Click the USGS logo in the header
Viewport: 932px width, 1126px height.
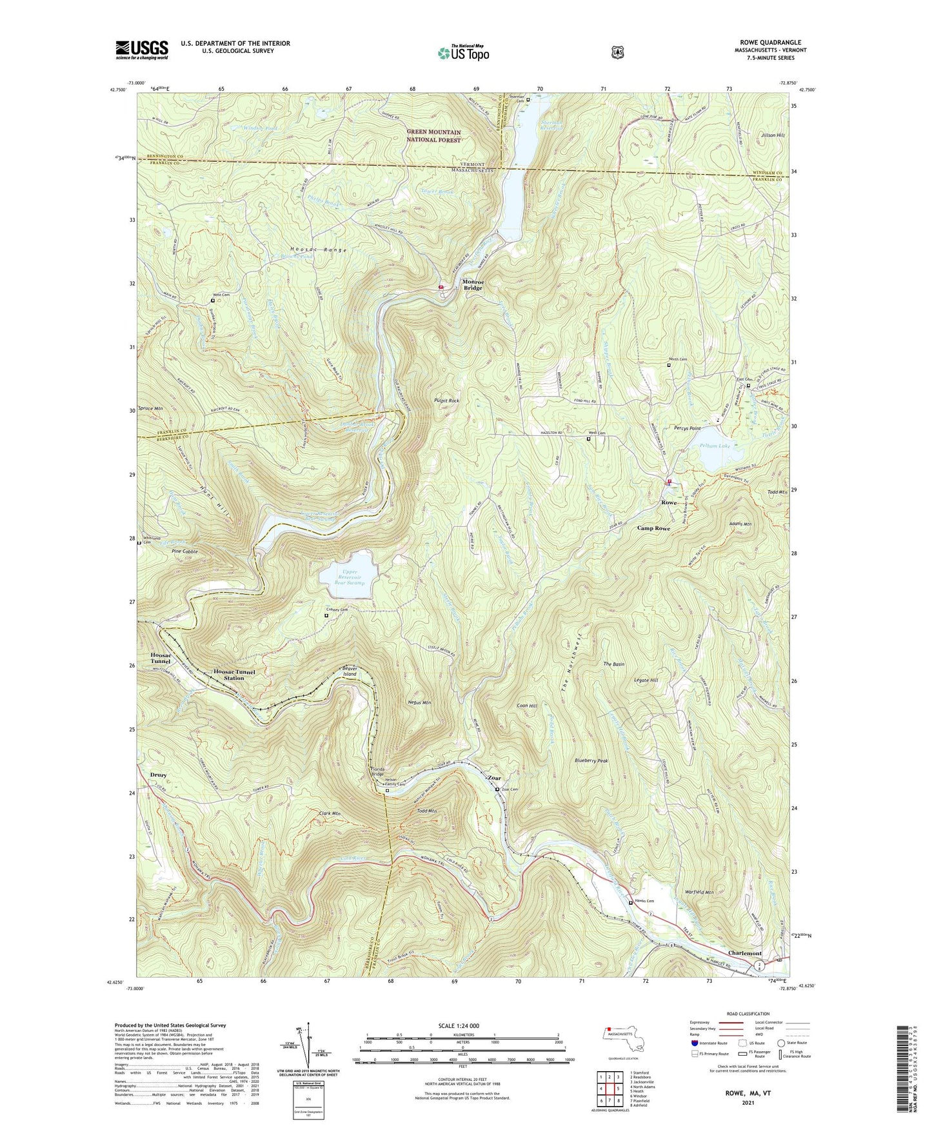click(142, 49)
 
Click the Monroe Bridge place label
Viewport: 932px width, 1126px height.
click(473, 285)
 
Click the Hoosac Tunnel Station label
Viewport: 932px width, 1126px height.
click(234, 675)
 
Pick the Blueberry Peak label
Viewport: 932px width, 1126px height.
click(591, 761)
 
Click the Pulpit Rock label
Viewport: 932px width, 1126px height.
click(446, 400)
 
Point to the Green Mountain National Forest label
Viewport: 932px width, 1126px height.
click(433, 136)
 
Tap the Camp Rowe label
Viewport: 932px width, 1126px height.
click(653, 528)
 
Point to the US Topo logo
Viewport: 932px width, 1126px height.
click(463, 53)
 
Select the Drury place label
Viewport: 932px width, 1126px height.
click(158, 775)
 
